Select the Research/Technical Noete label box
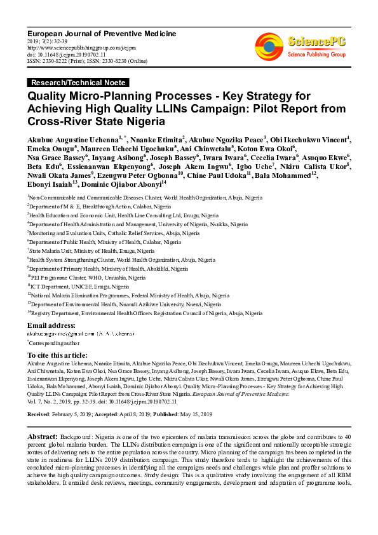tap(78, 83)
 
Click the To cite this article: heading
tap(62, 355)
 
